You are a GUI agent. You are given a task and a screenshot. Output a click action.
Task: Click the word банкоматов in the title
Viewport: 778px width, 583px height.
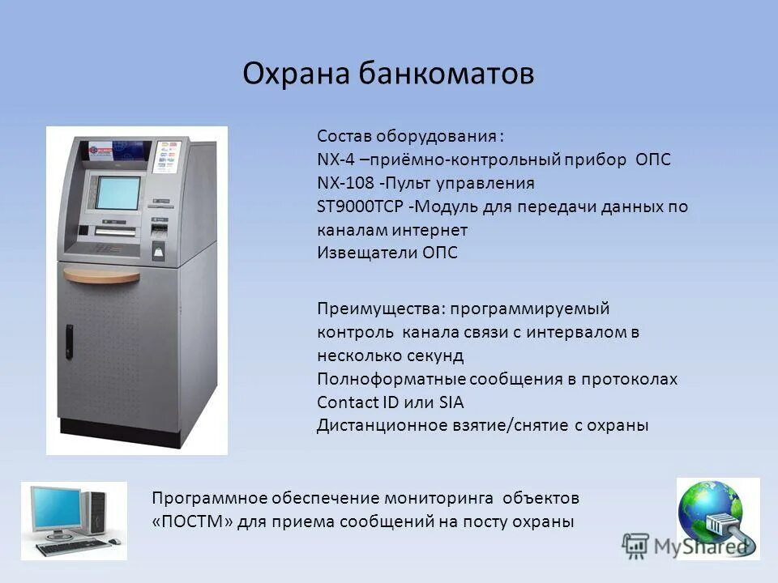(x=447, y=74)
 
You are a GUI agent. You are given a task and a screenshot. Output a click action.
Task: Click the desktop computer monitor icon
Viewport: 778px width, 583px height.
(x=55, y=509)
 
